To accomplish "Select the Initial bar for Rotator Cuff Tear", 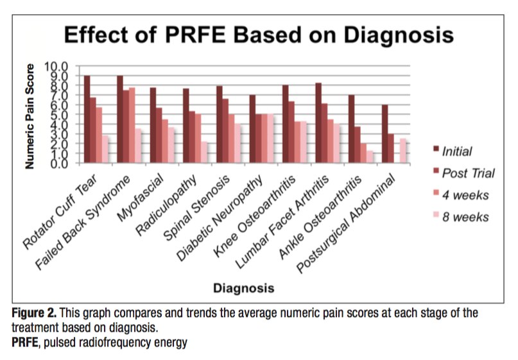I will point(87,119).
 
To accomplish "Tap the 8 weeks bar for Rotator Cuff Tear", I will point(105,148).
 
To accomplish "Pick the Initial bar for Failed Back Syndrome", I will point(120,119).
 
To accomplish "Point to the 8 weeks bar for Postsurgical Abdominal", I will point(403,150).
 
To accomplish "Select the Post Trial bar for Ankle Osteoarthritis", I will point(358,144).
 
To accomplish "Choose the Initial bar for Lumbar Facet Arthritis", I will point(318,122).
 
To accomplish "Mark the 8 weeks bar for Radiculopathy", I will point(204,152).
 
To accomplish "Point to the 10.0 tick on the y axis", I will point(56,66).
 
